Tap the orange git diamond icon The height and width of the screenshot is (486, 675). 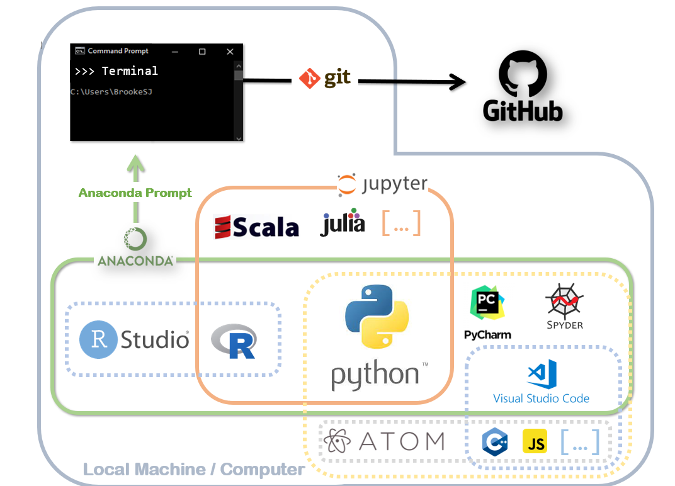pos(310,79)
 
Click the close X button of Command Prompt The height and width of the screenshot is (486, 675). pos(230,51)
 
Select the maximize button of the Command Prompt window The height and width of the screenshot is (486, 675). pos(202,51)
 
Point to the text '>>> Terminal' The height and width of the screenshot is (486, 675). pos(116,71)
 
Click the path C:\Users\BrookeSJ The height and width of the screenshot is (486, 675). pos(111,92)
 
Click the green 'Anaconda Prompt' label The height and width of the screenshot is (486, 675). pos(135,193)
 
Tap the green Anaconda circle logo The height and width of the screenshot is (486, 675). pos(135,239)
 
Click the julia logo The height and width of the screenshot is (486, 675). pos(343,223)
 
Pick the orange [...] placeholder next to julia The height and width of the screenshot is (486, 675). pos(401,223)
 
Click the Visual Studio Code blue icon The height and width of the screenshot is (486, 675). pos(542,374)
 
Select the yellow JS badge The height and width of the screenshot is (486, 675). pos(535,442)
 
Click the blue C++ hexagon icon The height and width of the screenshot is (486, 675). pos(494,442)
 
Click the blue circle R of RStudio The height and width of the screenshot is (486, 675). pos(98,340)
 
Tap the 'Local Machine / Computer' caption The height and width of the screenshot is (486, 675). pos(194,469)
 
